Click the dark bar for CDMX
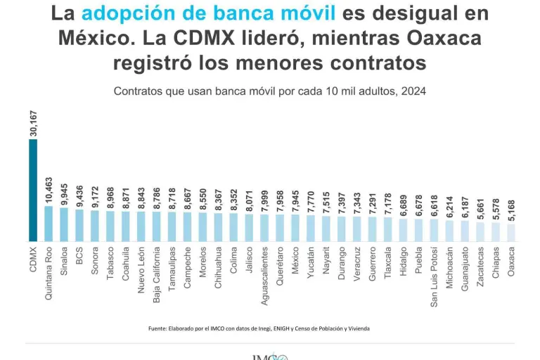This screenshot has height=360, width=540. click(33, 190)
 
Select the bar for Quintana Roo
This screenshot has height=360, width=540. click(49, 223)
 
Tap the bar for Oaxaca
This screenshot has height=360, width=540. click(510, 232)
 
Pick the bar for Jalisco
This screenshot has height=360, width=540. click(249, 227)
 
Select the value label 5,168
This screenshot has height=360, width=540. click(511, 209)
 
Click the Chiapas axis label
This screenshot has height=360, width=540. click(496, 262)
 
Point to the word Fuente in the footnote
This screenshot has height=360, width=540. click(159, 328)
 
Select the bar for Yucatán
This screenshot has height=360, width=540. click(311, 228)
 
